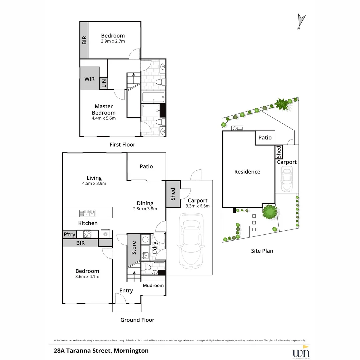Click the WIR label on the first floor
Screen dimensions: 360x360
89,79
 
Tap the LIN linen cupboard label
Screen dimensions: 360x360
104,83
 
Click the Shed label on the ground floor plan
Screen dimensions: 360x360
173,194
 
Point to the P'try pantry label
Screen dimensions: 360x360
69,235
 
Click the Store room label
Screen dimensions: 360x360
134,248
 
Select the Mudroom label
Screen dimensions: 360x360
153,285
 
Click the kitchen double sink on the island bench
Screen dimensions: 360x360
87,213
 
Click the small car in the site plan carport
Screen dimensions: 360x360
286,179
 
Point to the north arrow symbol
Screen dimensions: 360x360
301,21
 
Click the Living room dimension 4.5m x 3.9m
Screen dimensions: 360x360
94,183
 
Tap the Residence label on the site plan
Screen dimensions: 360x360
247,172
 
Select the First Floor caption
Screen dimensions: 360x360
122,145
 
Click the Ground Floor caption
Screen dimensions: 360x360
137,320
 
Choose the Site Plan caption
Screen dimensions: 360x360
262,251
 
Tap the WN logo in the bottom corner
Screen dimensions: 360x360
301,353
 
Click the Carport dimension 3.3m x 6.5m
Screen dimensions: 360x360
197,206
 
